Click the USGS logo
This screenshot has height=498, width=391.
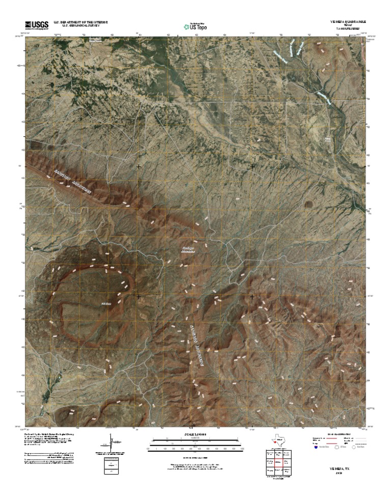tap(36, 24)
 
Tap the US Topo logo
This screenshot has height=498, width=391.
tap(195, 26)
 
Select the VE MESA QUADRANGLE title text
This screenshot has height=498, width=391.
tap(347, 22)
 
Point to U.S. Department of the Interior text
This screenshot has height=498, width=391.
tap(77, 22)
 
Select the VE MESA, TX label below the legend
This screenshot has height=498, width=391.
tap(337, 466)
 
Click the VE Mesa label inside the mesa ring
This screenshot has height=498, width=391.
tap(106, 304)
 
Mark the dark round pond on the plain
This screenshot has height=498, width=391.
tap(309, 204)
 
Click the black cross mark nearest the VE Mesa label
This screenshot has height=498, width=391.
tap(138, 296)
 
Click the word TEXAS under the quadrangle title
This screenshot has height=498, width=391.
tap(347, 26)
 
